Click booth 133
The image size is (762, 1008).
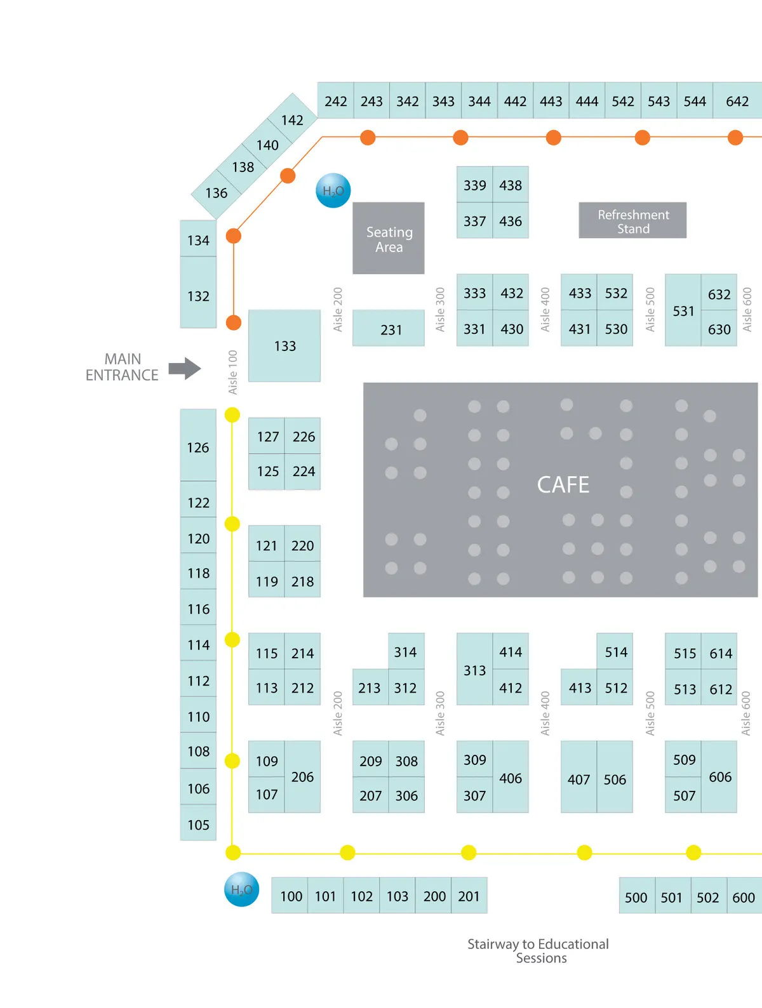[x=284, y=346]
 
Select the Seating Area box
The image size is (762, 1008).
[x=389, y=239]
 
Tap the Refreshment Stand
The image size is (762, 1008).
[x=632, y=221]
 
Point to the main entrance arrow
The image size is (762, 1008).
[x=185, y=368]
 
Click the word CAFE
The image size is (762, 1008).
[x=563, y=485]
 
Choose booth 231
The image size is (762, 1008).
[x=389, y=328]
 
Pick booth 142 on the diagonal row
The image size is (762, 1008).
[x=292, y=120]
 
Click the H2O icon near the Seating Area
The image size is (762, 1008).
[x=333, y=190]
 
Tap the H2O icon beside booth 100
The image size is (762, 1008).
[x=242, y=889]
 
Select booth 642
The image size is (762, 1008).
[x=737, y=101]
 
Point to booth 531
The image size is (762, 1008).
[x=683, y=310]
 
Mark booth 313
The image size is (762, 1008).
[x=474, y=670]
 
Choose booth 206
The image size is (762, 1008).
[x=302, y=777]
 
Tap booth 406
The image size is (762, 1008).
[x=511, y=778]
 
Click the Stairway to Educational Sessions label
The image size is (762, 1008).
[x=538, y=951]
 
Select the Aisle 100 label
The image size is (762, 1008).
[x=233, y=372]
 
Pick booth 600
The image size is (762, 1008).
[x=744, y=897]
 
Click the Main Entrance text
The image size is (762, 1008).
[x=122, y=368]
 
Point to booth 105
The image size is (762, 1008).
[x=198, y=824]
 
